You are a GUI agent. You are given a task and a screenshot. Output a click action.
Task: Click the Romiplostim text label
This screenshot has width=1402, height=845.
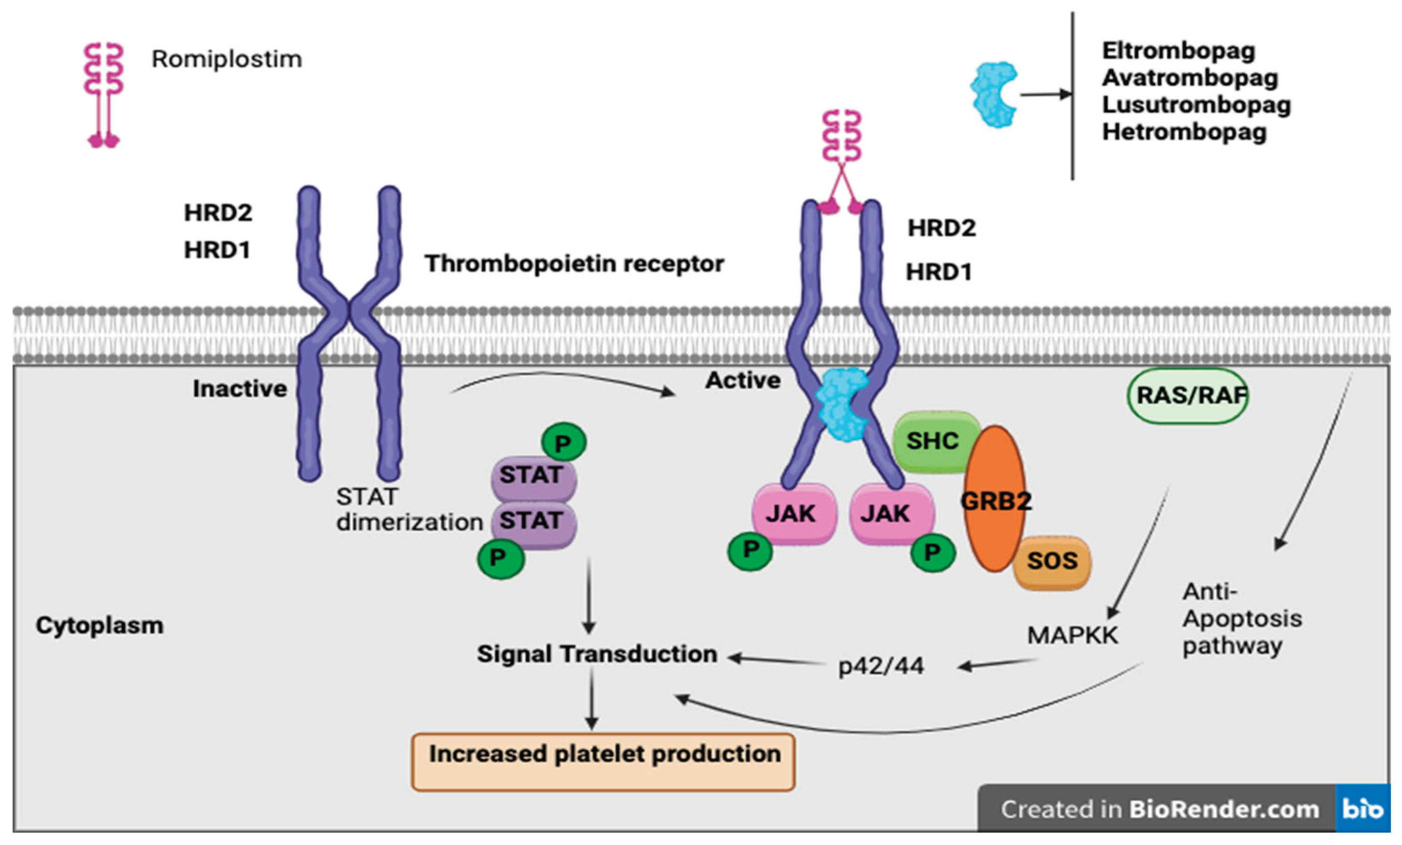pos(227,59)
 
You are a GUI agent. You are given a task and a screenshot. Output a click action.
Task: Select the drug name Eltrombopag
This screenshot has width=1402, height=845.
pos(1178,51)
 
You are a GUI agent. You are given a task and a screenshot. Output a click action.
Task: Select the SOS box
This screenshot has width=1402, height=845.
pos(1052,561)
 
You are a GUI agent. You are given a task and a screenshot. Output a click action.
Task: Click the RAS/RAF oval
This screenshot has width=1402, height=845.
pos(1189,396)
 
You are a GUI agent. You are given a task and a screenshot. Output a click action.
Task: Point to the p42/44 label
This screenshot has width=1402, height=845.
pos(881,666)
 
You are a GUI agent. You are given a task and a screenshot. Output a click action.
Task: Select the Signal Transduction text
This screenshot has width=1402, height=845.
pos(596,654)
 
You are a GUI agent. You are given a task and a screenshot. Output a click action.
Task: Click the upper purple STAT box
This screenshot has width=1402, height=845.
pos(533,476)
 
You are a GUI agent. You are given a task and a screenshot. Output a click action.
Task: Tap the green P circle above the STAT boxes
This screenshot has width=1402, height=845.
pos(563,443)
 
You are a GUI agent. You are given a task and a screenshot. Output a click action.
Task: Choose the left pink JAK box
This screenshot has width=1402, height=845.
pos(793,514)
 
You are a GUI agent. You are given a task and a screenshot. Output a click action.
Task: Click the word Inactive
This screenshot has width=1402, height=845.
pos(240,389)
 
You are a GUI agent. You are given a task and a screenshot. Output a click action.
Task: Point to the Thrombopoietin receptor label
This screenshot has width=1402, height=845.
pos(574,264)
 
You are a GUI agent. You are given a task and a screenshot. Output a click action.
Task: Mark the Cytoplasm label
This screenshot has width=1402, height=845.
pos(100,626)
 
